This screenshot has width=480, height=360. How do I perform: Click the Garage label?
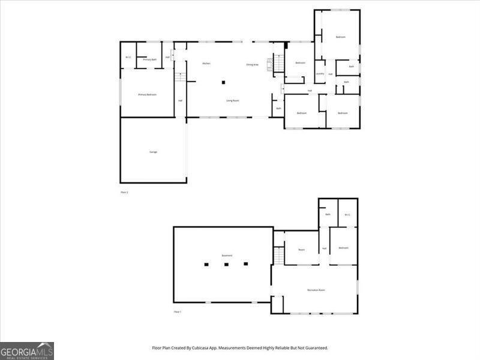[153, 152]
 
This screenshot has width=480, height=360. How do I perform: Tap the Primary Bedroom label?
[147, 94]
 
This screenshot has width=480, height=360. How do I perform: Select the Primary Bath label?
[149, 59]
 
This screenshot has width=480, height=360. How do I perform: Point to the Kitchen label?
[206, 64]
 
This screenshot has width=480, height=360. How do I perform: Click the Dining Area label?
[252, 64]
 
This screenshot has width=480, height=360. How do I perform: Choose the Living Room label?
[233, 100]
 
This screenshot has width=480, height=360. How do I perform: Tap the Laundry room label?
[320, 74]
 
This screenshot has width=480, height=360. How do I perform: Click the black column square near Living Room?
[224, 82]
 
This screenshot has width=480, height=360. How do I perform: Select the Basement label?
[227, 256]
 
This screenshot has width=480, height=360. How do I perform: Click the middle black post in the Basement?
[226, 264]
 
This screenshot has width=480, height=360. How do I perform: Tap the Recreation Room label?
[316, 290]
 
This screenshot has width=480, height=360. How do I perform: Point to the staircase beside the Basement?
[279, 256]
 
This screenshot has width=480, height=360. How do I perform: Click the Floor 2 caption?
[125, 192]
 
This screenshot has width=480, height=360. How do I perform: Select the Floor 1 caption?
[177, 312]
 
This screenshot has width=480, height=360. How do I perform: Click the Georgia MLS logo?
[27, 350]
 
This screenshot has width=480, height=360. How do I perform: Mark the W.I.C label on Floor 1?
[347, 214]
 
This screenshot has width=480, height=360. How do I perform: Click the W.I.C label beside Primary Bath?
[128, 58]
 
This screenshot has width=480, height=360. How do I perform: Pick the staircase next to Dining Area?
[271, 64]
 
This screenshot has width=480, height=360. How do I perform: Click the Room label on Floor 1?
[302, 249]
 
